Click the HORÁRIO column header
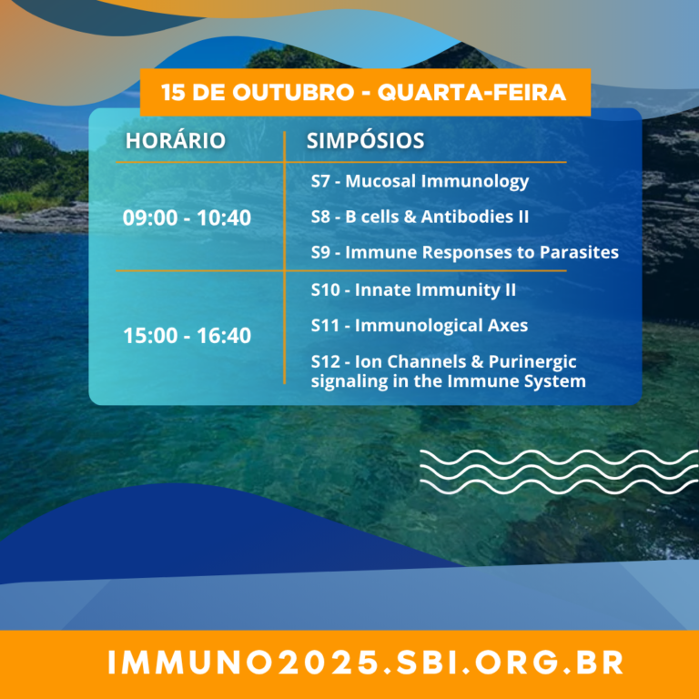click(175, 140)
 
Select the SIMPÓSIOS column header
click(365, 140)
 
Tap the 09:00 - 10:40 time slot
click(187, 218)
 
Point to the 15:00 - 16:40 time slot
click(187, 335)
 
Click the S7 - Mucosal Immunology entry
click(420, 181)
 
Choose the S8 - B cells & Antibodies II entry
click(420, 217)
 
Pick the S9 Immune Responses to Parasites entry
click(464, 252)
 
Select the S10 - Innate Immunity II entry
click(413, 289)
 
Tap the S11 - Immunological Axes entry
click(419, 326)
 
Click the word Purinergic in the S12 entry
click(532, 362)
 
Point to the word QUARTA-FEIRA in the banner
click(471, 93)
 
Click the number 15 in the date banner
click(170, 93)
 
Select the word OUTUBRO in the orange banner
click(293, 93)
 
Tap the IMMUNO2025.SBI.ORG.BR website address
click(366, 663)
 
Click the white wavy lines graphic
click(559, 472)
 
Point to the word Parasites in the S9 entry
click(579, 252)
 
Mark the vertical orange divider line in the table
click(284, 258)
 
